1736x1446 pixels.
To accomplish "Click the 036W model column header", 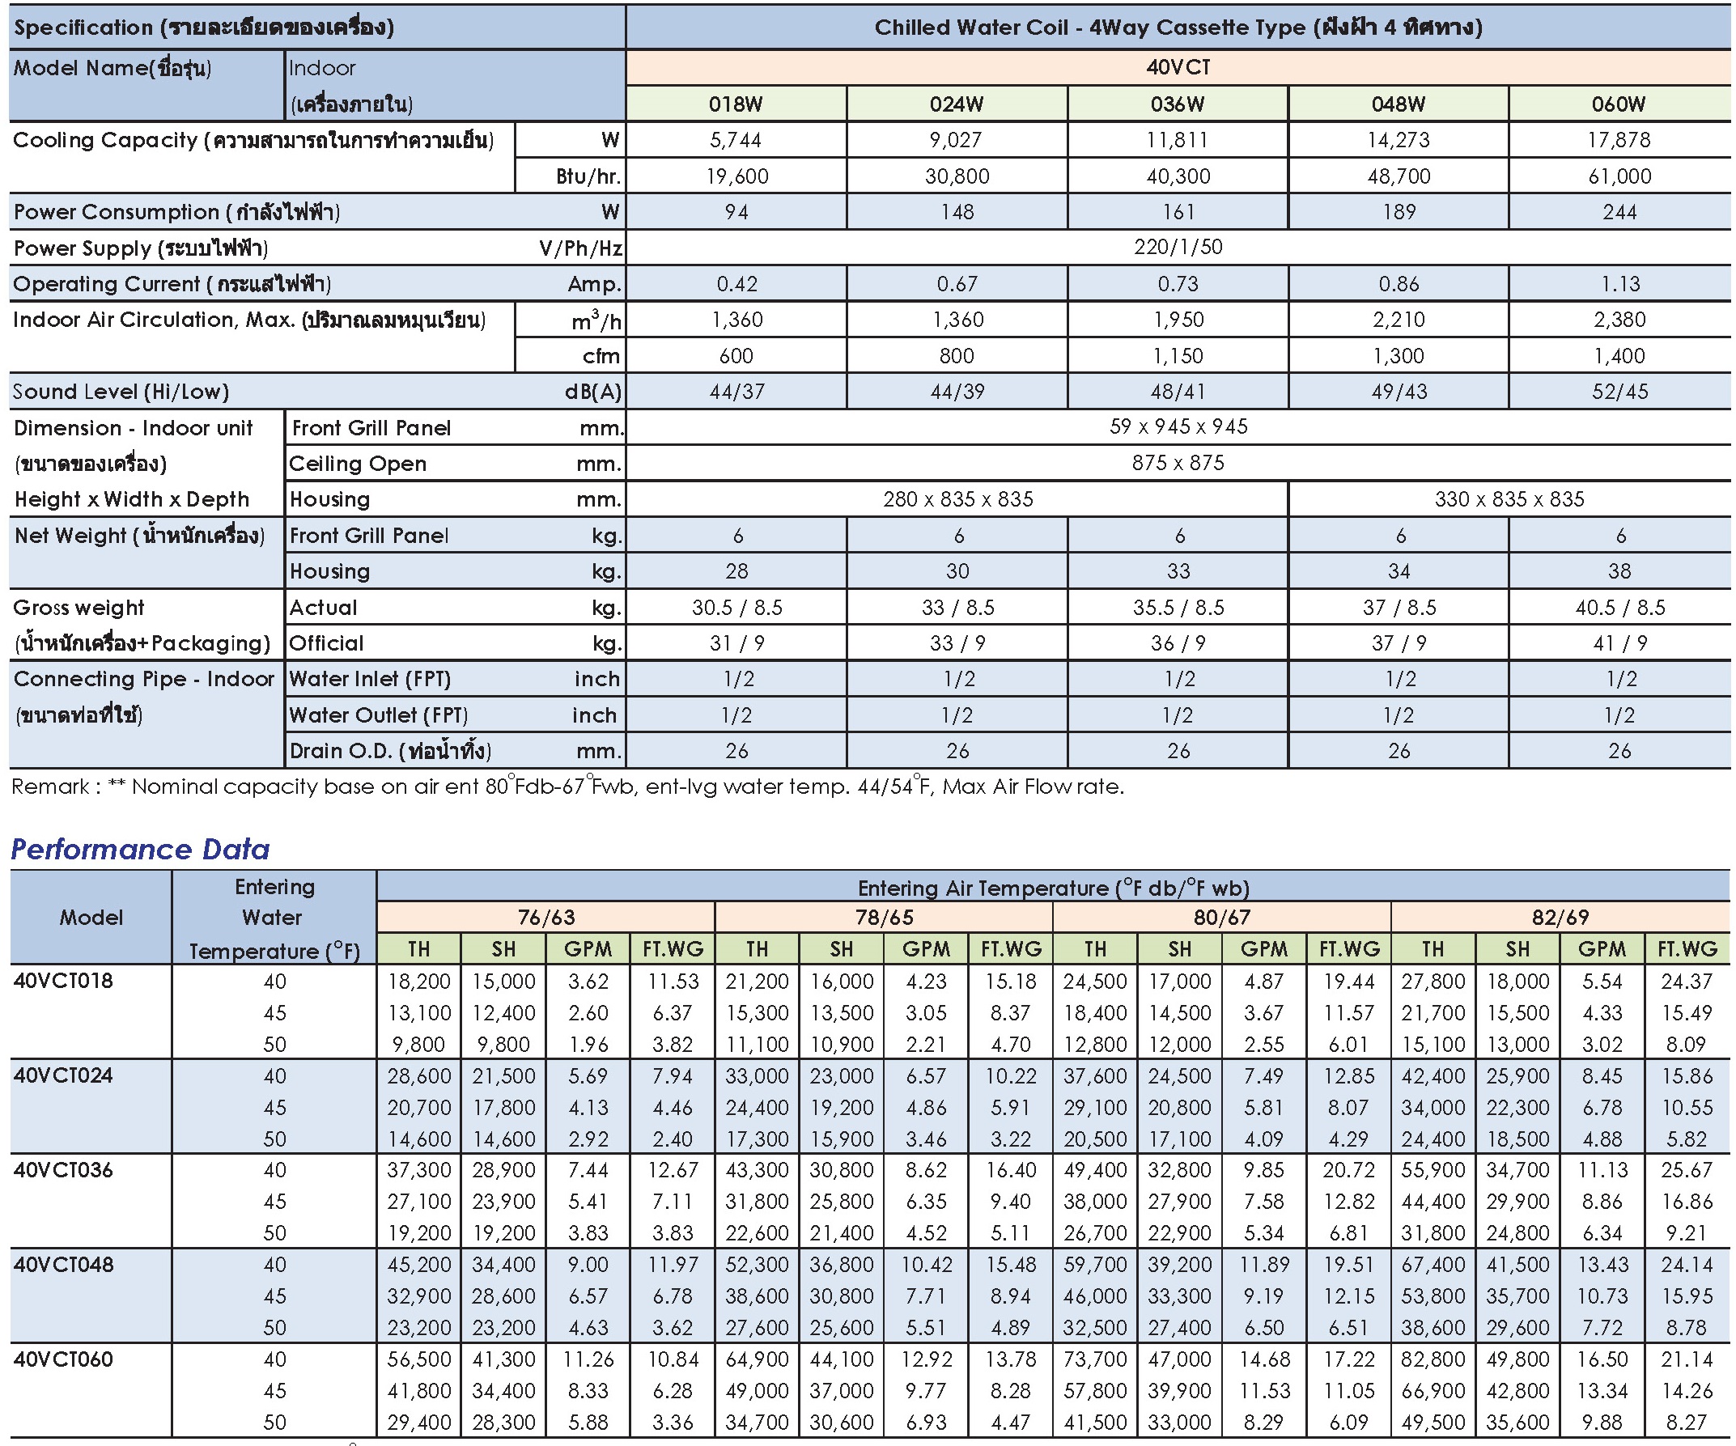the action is (x=1178, y=104).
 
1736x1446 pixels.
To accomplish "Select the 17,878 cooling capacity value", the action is (x=1619, y=140).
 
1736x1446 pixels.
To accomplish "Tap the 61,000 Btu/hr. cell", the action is (x=1619, y=176).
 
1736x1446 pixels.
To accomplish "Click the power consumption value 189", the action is (x=1399, y=211).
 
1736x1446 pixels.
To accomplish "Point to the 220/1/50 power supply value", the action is (x=1178, y=247).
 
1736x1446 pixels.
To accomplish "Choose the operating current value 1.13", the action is (x=1620, y=283).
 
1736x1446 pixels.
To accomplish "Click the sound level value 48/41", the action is (x=1178, y=392).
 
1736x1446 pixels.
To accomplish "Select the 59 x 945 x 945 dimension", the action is (x=1178, y=427).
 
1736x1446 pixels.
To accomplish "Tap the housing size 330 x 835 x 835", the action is (x=1509, y=499).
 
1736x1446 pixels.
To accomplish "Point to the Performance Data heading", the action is (x=141, y=850).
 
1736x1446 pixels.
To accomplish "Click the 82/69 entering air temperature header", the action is (x=1560, y=917).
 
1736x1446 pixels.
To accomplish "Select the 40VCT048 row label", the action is (x=64, y=1264).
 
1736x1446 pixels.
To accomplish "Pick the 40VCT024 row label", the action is (x=64, y=1075).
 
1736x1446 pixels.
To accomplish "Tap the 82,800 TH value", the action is (x=1433, y=1359).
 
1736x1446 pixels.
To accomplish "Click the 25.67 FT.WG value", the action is (x=1687, y=1170).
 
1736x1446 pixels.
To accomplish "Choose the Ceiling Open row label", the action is (x=357, y=464).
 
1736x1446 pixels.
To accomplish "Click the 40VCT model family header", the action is (x=1178, y=67).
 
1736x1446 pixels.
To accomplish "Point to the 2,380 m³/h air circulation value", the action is (x=1619, y=320).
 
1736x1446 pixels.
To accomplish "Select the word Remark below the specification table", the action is (x=50, y=787).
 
